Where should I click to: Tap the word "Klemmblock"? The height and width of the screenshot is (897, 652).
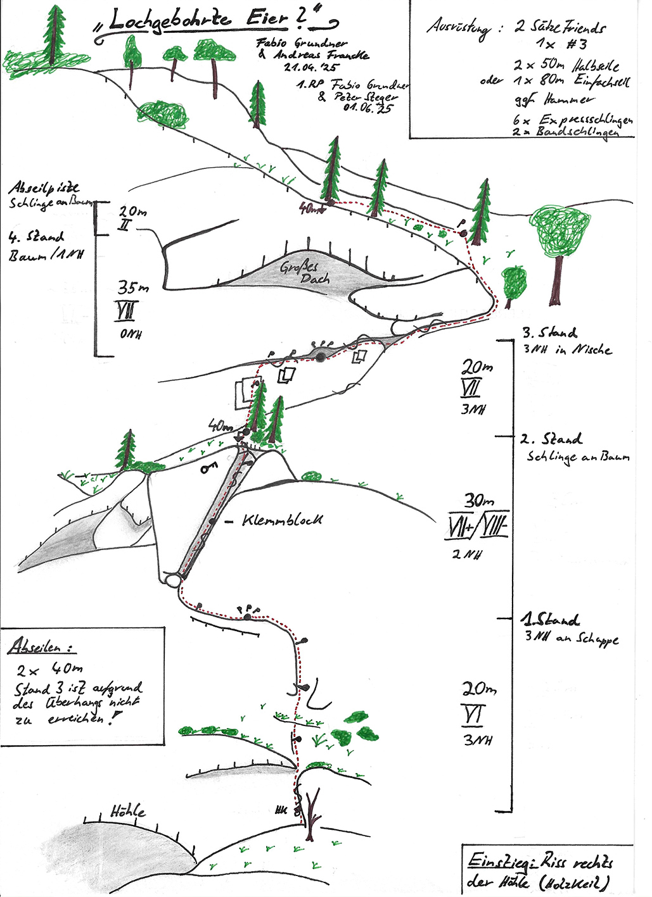pos(282,520)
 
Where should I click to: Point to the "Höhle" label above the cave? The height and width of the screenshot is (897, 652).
pos(127,811)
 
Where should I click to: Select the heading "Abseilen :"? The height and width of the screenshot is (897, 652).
pos(41,647)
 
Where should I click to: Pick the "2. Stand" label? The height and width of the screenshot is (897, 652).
pos(551,439)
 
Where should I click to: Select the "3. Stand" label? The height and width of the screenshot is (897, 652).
pos(549,333)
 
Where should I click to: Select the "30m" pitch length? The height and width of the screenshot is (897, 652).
pos(480,501)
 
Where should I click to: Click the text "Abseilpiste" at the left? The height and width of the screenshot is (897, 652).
pos(44,188)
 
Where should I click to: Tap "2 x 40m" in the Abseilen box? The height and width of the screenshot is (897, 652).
pos(50,670)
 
